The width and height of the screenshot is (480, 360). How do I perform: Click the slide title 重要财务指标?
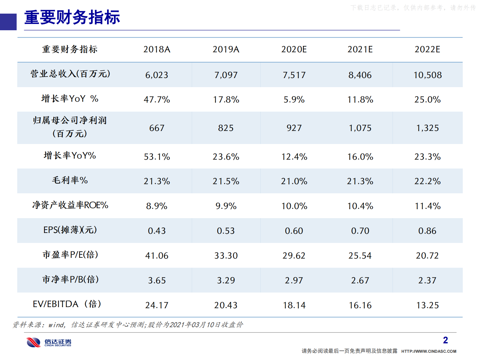72,17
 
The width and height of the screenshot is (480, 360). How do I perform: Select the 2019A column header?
226,49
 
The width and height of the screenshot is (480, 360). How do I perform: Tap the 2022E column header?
427,49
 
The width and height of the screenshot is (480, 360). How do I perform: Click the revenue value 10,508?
427,75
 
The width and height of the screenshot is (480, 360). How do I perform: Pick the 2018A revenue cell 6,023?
157,75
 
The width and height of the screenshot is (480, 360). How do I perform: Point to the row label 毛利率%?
70,180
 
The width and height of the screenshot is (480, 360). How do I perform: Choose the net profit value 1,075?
360,128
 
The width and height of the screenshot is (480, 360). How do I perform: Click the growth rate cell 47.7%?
157,100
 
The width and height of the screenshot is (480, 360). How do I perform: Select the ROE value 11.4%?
427,206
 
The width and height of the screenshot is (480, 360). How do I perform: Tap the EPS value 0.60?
294,231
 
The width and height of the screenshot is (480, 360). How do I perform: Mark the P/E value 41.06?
157,256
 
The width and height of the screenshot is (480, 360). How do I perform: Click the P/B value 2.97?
294,280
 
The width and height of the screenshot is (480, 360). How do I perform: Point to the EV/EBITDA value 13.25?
427,305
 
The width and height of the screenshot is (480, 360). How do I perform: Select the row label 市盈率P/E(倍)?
70,255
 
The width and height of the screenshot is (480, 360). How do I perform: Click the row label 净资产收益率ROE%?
70,205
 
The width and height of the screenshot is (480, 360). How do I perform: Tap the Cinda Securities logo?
49,342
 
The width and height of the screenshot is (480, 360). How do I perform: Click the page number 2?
445,340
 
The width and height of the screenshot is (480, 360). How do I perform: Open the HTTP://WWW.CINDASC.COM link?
429,351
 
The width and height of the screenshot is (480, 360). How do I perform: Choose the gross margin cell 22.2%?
427,181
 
